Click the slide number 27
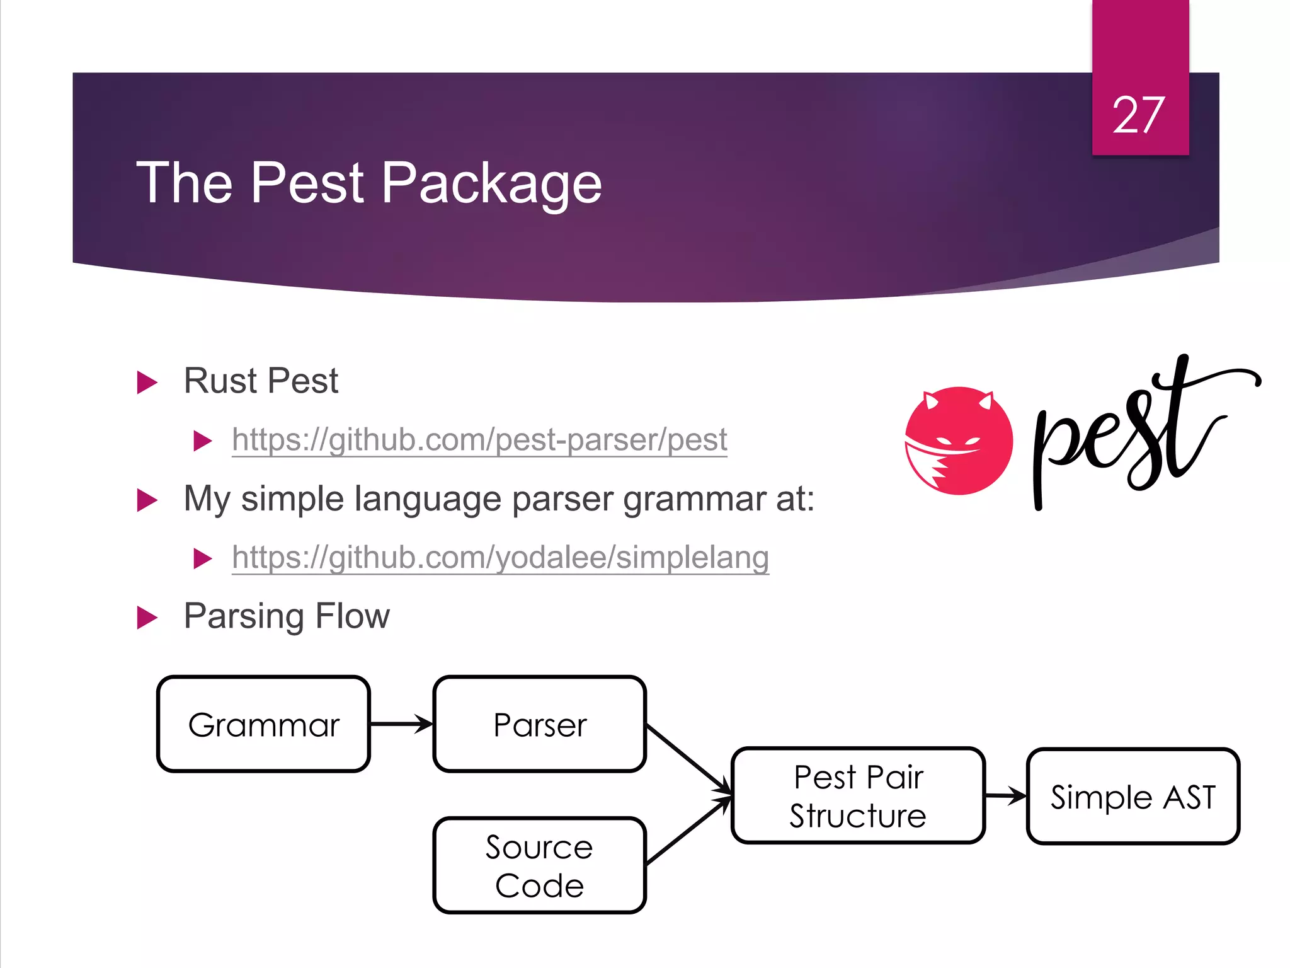1139,115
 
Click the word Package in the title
491,183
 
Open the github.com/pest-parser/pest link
479,440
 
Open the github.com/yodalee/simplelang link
500,558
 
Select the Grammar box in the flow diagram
263,724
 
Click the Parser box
540,724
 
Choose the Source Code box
540,865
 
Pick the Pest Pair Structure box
858,795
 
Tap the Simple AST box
1133,797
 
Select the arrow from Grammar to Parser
401,724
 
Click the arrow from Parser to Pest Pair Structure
688,759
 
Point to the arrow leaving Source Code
688,831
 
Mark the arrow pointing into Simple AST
1005,796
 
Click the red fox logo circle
959,441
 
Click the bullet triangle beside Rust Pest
147,383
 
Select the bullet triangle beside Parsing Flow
147,618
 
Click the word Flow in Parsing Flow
352,616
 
